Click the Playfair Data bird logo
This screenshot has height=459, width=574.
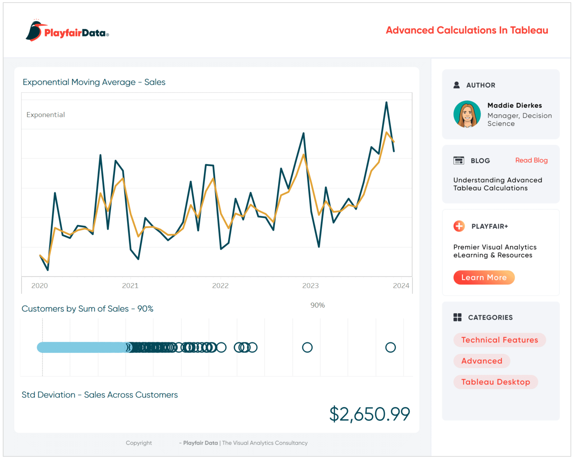click(36, 31)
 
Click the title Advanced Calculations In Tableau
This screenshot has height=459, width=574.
click(466, 30)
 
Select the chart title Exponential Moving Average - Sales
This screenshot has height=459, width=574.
click(94, 82)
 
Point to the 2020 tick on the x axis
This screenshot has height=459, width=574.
click(39, 286)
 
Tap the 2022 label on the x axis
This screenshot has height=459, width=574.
click(220, 286)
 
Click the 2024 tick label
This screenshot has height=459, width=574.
click(401, 286)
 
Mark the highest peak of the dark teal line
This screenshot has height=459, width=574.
click(386, 102)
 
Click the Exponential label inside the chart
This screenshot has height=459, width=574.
click(46, 115)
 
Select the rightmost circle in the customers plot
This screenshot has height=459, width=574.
click(390, 347)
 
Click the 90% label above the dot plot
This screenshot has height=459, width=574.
click(317, 305)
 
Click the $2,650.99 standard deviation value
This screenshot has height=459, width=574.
click(369, 414)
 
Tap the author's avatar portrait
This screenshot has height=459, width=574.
click(467, 114)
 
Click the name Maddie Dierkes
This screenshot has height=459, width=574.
click(514, 105)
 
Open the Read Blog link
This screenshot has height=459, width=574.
click(531, 160)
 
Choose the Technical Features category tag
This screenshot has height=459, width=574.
click(499, 340)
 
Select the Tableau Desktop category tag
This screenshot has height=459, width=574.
click(495, 382)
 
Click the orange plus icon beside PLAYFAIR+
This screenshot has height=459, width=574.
click(459, 226)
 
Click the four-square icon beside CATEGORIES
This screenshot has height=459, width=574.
click(457, 317)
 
